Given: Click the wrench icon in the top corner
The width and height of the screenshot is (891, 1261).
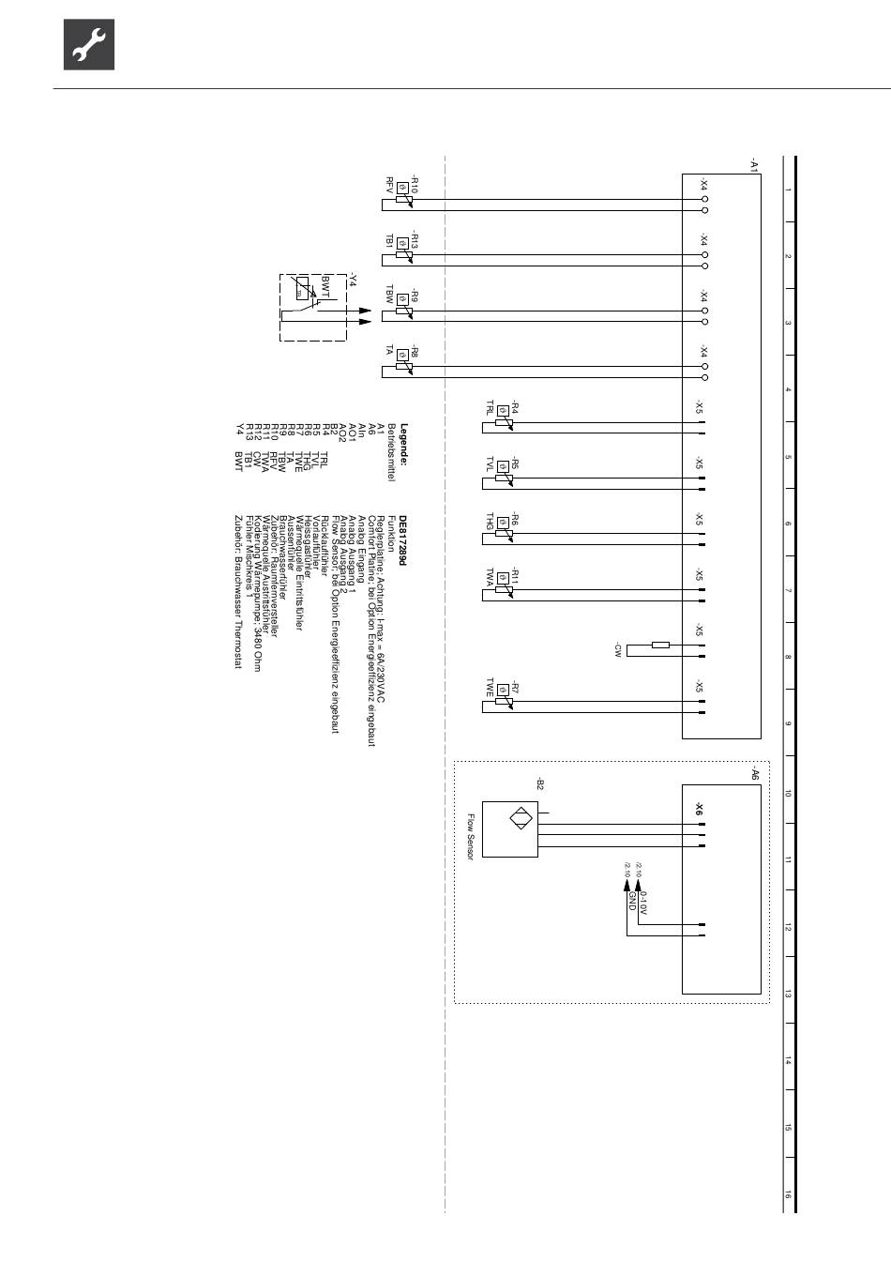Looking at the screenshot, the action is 89,45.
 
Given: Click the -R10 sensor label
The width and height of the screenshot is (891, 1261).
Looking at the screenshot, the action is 414,184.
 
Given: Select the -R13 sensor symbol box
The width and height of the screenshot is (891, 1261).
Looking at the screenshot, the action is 402,242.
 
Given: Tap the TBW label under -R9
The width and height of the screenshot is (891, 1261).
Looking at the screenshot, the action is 389,295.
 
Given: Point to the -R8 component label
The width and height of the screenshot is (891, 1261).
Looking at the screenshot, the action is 414,354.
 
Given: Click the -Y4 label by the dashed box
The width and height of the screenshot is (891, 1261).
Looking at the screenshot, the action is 353,278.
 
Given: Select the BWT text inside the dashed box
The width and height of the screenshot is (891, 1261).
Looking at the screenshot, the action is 325,287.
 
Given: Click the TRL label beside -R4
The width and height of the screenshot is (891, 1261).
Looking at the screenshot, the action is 489,408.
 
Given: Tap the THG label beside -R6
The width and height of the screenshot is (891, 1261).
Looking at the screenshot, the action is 489,522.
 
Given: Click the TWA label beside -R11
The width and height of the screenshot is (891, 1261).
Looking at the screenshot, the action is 489,578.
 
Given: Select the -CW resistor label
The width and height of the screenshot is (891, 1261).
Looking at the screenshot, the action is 618,649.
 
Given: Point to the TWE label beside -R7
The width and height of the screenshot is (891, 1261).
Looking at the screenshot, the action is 489,689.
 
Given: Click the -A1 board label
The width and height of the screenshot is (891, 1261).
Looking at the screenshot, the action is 753,164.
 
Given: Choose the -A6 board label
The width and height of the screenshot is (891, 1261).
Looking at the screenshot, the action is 753,773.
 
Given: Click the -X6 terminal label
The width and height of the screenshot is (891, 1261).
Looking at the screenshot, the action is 700,808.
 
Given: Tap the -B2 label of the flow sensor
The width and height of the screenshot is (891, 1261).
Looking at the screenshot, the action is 539,783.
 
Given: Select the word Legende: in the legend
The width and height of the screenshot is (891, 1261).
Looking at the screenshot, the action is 404,445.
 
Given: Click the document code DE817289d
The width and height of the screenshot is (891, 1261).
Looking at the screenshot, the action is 404,539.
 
